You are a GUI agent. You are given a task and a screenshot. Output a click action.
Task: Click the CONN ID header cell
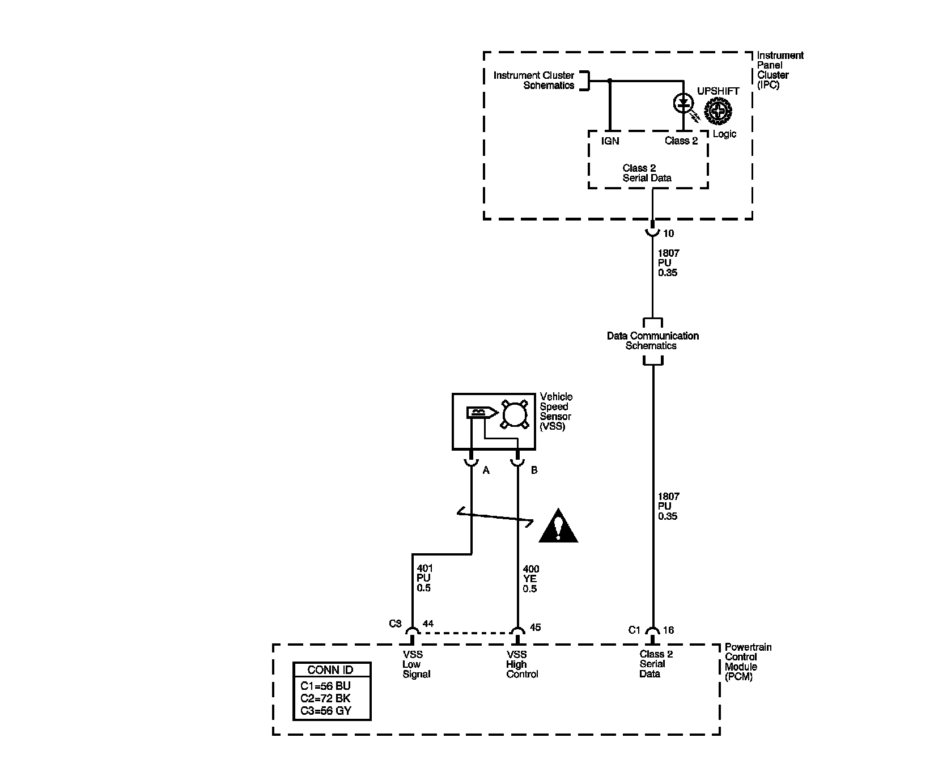click(x=332, y=669)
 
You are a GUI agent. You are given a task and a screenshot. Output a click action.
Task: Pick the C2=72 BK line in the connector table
click(x=326, y=698)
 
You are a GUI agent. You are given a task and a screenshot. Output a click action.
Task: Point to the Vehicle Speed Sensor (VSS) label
click(x=556, y=412)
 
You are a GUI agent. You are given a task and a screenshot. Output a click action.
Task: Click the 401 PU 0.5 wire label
click(x=423, y=578)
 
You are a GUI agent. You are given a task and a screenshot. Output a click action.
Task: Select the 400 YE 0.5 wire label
click(x=530, y=578)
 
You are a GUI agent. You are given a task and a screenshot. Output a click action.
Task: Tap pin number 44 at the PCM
click(x=428, y=624)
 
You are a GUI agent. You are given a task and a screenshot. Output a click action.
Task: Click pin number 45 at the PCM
click(x=536, y=627)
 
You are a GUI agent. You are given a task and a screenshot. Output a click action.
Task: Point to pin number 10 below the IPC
click(x=669, y=234)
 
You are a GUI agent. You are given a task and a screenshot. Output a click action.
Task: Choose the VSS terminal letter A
click(x=486, y=470)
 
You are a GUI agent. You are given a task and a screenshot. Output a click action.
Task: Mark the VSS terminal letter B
click(x=534, y=470)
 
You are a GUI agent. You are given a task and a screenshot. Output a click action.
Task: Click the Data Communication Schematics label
click(x=652, y=341)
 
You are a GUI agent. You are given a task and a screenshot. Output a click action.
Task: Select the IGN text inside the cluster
click(x=610, y=141)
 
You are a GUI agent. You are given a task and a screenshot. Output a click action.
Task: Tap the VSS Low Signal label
click(x=416, y=664)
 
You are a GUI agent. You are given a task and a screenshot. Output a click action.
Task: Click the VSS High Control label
click(x=522, y=664)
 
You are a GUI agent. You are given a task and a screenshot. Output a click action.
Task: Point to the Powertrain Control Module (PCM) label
click(x=748, y=662)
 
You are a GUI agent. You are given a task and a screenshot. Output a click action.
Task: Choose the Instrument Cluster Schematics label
click(x=526, y=80)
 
